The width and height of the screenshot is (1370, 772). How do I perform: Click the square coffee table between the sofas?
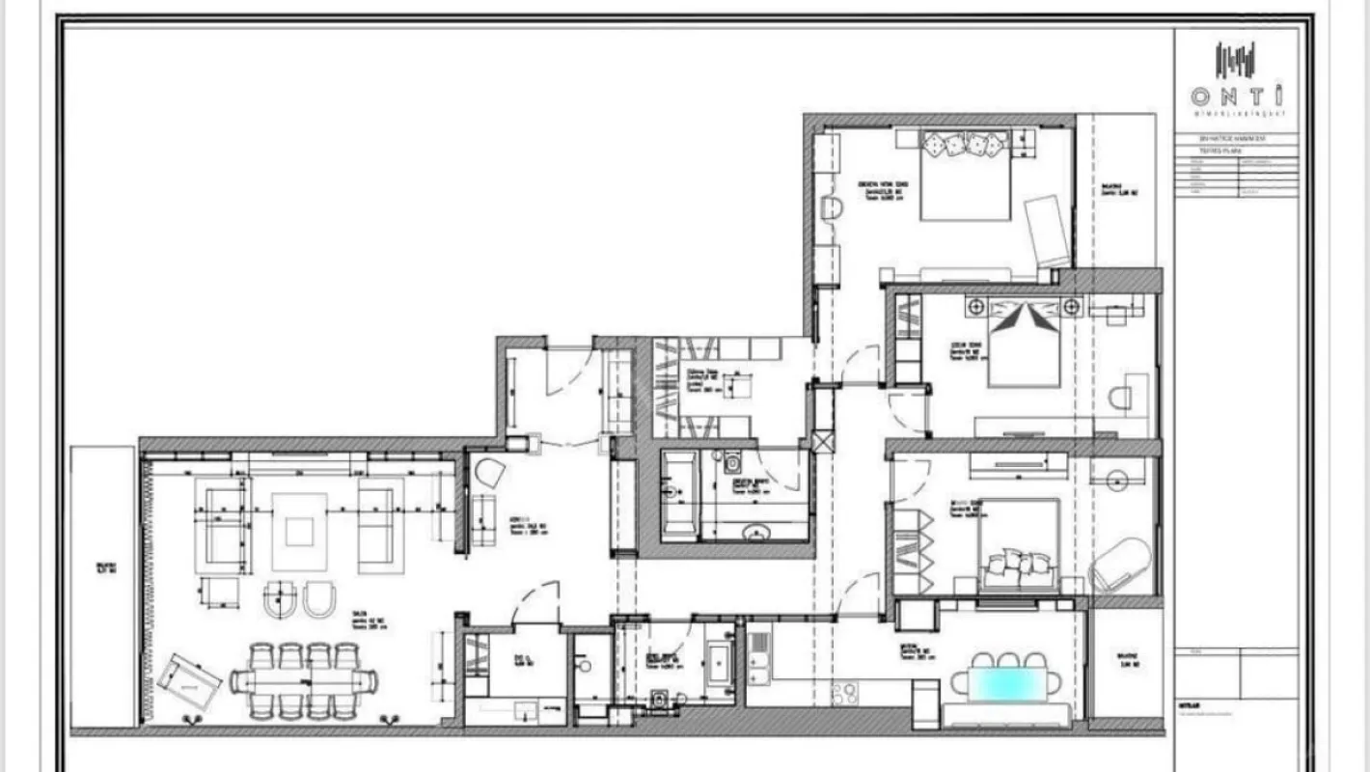pos(299,531)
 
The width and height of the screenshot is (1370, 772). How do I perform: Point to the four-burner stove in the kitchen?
pos(846,692)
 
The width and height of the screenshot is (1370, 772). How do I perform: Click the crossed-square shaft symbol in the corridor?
pos(822,442)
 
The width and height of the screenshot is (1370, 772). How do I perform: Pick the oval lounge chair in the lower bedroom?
pos(1121,565)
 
